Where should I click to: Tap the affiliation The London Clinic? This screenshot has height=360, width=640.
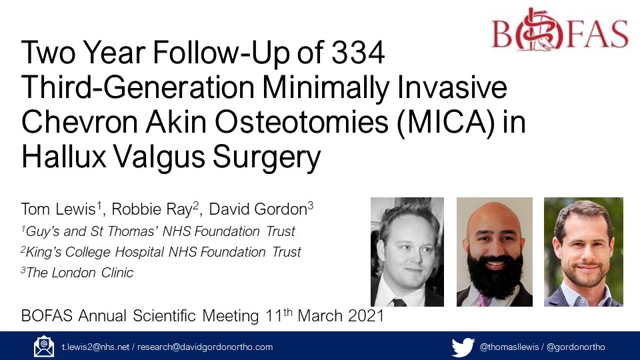click(80, 272)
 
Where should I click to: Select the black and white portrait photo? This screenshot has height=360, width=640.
click(407, 252)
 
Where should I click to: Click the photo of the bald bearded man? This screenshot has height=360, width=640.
click(494, 252)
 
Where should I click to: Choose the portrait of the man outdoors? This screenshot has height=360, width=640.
click(583, 252)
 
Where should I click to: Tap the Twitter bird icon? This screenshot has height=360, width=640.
click(462, 347)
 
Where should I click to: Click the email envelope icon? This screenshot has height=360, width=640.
click(44, 347)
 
